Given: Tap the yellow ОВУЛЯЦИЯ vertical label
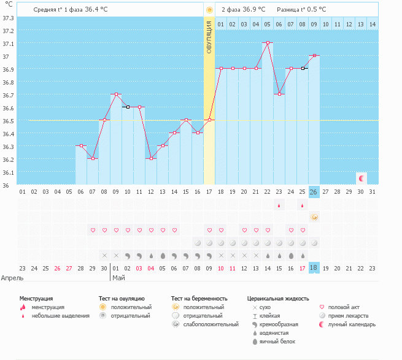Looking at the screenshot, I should pos(209,38).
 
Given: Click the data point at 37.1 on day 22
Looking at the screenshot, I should pos(268,43).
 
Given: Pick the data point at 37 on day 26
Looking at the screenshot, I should pos(314,56).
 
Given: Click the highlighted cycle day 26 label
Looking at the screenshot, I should pos(314,192).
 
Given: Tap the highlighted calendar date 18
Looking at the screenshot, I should pos(314,267).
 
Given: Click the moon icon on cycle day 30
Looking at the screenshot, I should pos(361,178).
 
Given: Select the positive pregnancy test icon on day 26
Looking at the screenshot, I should pos(314,217).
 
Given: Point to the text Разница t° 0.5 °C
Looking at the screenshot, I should pos(301,10).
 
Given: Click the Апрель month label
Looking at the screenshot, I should pos(12,278).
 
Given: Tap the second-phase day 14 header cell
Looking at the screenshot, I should pos(373,25).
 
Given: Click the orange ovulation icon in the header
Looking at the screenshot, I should pos(209,10).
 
